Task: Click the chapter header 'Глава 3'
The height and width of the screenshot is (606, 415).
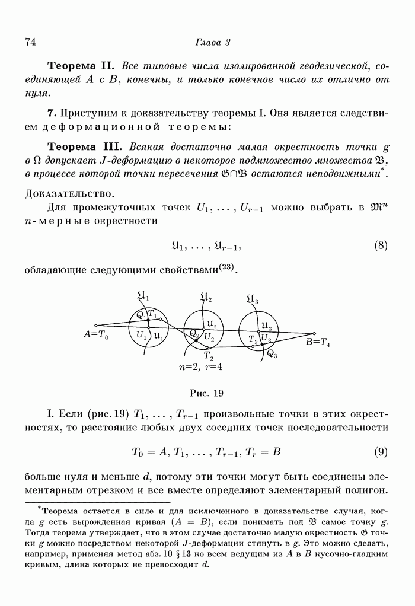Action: click(x=212, y=42)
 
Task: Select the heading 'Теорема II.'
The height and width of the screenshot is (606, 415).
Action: click(x=82, y=65)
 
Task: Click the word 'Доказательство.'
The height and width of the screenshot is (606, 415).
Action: click(x=70, y=194)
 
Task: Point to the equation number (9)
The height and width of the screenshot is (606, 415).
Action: click(x=381, y=452)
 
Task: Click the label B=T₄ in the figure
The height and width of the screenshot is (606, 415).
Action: click(x=318, y=343)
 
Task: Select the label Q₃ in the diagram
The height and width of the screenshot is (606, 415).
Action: click(x=272, y=355)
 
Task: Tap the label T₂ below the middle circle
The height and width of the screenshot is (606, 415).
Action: click(x=208, y=356)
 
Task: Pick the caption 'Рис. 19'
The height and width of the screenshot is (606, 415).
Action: click(x=206, y=393)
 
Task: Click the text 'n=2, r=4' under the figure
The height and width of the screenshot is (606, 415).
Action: click(x=200, y=367)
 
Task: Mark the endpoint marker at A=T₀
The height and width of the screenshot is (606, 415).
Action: click(x=96, y=325)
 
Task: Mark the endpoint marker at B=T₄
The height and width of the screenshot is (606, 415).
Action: click(x=314, y=333)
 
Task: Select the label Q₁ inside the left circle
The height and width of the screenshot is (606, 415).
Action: click(x=141, y=315)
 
